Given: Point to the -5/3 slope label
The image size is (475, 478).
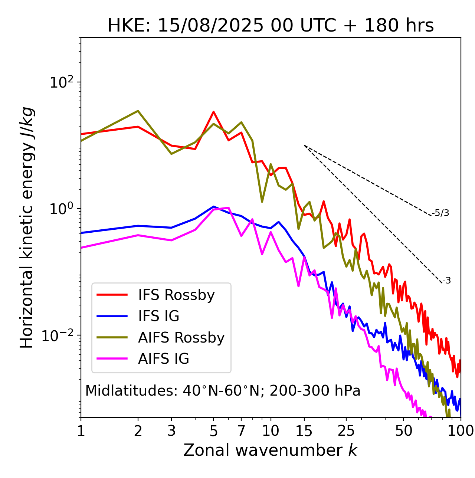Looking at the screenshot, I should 440,213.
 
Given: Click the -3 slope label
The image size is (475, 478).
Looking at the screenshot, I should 446,281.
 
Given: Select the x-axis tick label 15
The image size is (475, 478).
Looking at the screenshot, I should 304,431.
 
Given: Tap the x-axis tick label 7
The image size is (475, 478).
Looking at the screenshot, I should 241,431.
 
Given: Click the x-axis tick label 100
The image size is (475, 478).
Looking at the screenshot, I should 461,431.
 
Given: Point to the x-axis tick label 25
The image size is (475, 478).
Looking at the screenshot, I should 346,431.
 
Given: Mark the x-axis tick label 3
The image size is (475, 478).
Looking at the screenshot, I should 171,431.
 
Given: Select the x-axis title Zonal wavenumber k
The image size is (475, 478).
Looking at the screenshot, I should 271,450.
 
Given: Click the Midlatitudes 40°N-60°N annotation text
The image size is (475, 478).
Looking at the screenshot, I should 223,391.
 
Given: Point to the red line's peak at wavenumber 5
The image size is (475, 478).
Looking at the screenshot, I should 213,112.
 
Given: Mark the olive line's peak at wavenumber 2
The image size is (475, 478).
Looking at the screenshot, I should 138,111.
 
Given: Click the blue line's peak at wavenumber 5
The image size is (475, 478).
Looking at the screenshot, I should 213,206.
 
